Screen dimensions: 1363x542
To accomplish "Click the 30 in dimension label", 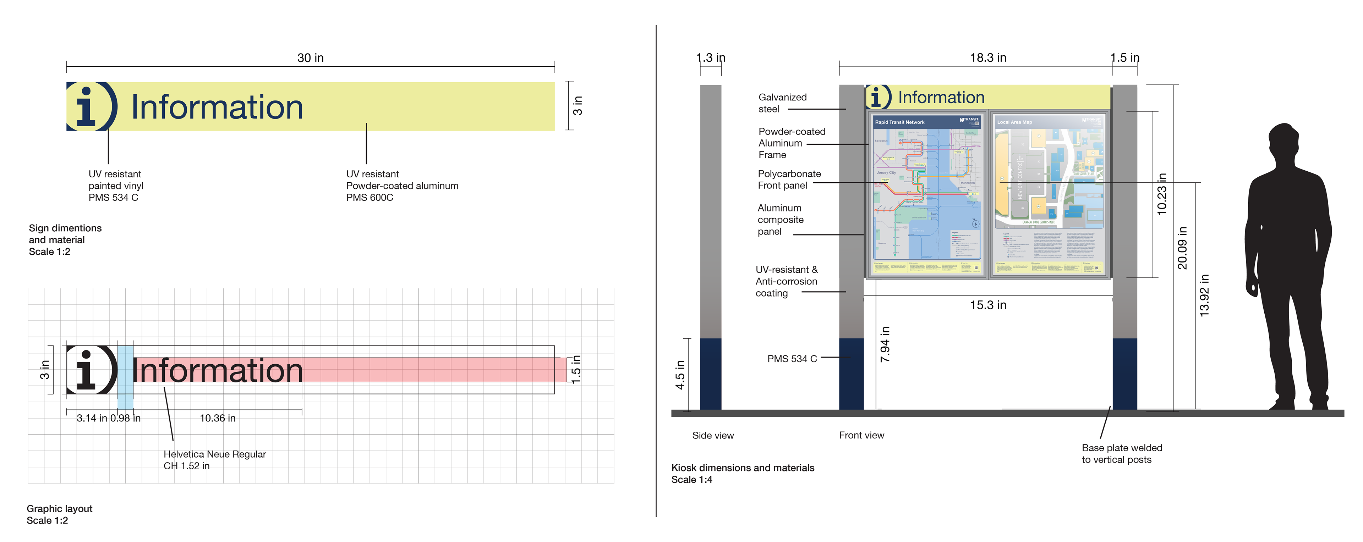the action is (x=310, y=57).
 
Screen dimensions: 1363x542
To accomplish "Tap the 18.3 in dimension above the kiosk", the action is (x=988, y=57).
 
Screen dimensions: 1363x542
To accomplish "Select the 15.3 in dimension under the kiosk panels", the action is (x=988, y=305).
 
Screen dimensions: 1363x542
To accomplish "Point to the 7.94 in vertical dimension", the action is (x=885, y=344).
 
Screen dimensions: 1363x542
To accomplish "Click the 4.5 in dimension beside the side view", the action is (x=680, y=375).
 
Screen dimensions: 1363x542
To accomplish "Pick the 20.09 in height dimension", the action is (x=1182, y=248).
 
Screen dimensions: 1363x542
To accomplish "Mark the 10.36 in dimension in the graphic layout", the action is (x=218, y=418).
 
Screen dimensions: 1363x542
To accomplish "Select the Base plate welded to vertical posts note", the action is (x=1121, y=454).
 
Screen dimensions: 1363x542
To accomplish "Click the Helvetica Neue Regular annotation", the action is (x=214, y=454).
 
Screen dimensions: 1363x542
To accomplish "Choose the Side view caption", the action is (x=713, y=436).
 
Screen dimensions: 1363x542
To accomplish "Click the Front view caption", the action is (x=861, y=435).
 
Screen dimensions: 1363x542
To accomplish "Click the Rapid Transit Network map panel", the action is (x=926, y=193).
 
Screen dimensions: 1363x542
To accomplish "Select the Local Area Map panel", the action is (x=1049, y=193).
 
